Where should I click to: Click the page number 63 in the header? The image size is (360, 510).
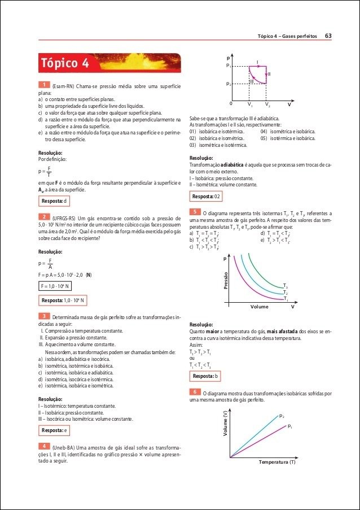click(x=328, y=36)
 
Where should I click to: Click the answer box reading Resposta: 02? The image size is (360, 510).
click(x=206, y=196)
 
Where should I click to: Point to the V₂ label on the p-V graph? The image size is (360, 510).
click(x=267, y=105)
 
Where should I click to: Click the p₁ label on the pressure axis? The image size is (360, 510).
click(x=229, y=66)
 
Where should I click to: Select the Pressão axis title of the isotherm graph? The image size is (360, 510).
click(x=226, y=281)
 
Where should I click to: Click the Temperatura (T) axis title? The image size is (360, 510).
click(x=277, y=462)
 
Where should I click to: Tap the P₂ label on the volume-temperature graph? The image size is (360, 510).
click(x=282, y=416)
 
